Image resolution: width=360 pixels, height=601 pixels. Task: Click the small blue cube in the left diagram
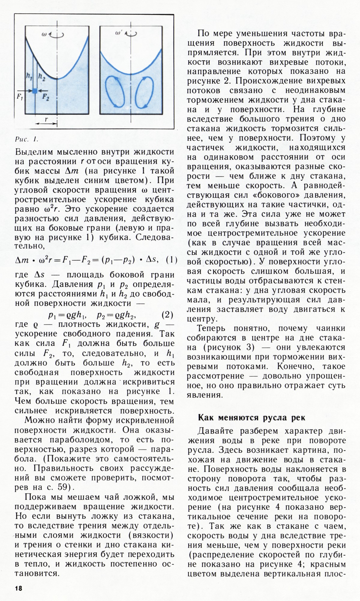coord(35,91)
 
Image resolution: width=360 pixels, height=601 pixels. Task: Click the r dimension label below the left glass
coord(46,119)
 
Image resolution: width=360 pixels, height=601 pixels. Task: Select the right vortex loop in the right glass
coord(142,92)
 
